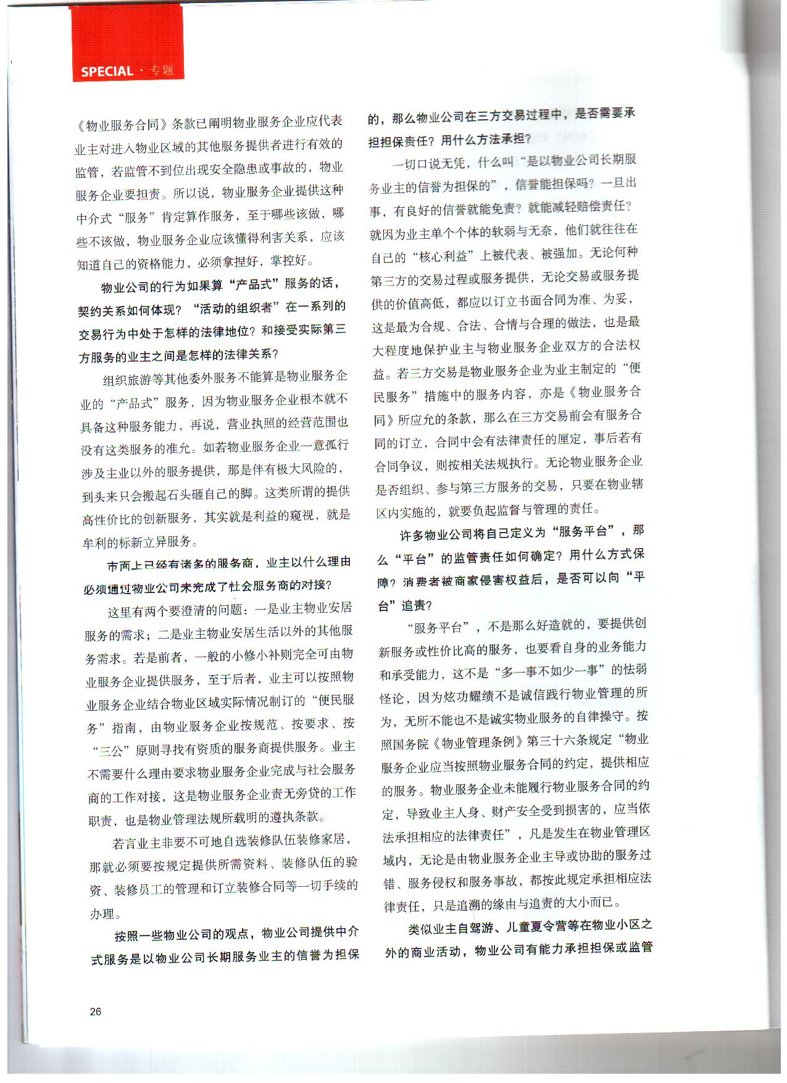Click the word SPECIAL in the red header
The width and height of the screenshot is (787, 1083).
(x=107, y=72)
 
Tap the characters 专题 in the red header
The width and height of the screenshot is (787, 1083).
(x=162, y=70)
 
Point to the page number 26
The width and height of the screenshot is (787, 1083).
(x=96, y=1011)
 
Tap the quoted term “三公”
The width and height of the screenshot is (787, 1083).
(x=110, y=751)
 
